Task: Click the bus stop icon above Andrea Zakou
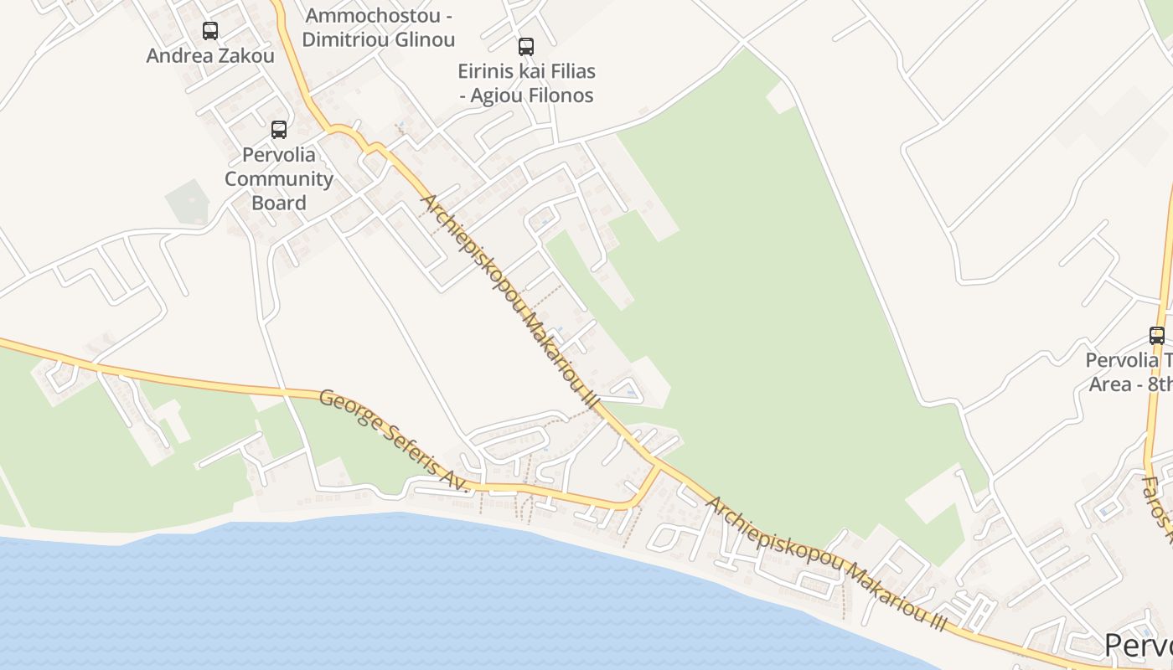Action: [210, 31]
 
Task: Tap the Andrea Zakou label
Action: [210, 56]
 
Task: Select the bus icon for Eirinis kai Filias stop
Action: [526, 47]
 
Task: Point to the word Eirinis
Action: [488, 71]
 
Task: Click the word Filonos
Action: [555, 95]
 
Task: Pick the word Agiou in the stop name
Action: [493, 95]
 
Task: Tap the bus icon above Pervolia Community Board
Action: [279, 130]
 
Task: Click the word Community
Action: [279, 179]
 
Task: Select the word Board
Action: [279, 203]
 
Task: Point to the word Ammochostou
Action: [359, 16]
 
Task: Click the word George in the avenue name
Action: [344, 409]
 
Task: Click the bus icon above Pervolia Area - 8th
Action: [1157, 336]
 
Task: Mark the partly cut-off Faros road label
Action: [1158, 503]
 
